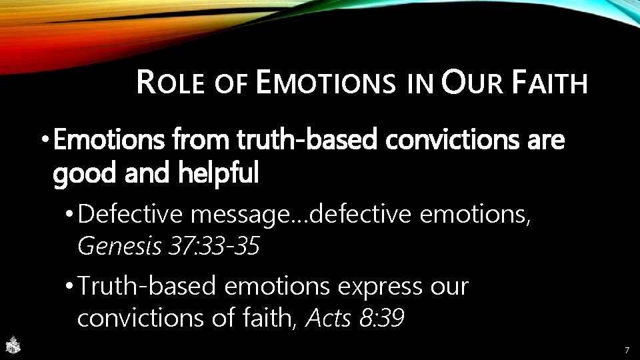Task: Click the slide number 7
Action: pos(626,350)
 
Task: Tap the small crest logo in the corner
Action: pos(12,345)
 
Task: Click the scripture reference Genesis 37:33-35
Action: pos(168,246)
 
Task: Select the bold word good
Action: pos(81,174)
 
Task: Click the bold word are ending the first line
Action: pos(545,141)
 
